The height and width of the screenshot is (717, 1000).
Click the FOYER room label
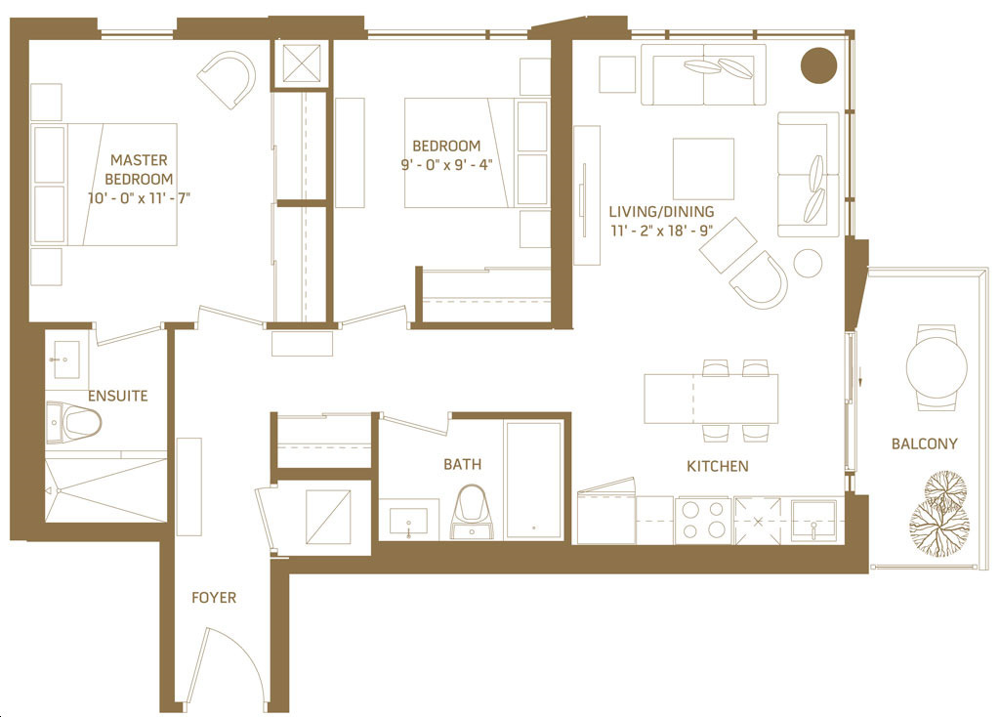214,598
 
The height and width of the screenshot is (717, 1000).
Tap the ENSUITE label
118,397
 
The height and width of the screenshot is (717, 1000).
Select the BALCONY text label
924,444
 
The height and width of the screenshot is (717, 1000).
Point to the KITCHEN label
718,466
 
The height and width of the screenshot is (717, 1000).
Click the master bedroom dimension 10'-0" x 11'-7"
139,198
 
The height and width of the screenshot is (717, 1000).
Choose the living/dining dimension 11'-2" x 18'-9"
661,231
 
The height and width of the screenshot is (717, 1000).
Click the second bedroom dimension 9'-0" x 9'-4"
446,165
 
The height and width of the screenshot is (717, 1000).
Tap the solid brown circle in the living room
819,65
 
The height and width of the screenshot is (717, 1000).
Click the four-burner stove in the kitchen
703,520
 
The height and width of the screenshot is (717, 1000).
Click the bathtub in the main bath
534,480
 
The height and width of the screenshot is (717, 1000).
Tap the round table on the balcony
937,368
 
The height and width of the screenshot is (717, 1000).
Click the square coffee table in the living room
703,169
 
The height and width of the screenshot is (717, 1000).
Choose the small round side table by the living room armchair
808,263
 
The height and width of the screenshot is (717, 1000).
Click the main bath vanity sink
408,522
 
